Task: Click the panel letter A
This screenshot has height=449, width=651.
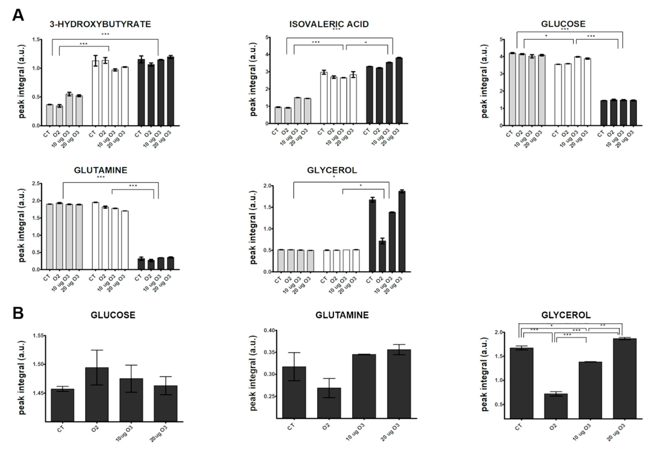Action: pyautogui.click(x=18, y=15)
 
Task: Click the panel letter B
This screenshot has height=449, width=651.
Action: pyautogui.click(x=18, y=313)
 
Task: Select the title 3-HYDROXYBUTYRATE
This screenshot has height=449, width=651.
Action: pyautogui.click(x=100, y=24)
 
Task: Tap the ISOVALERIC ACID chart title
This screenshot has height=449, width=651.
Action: pyautogui.click(x=329, y=24)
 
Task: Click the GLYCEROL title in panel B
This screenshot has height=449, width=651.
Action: pyautogui.click(x=566, y=315)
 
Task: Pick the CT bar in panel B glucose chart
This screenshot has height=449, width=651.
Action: pyautogui.click(x=63, y=405)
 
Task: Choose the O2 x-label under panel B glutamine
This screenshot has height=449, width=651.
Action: pyautogui.click(x=326, y=427)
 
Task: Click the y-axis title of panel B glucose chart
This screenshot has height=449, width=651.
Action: pyautogui.click(x=22, y=378)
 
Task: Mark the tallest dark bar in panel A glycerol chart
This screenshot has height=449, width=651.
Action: pyautogui.click(x=402, y=231)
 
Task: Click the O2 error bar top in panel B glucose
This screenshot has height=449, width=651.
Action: pyautogui.click(x=97, y=350)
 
